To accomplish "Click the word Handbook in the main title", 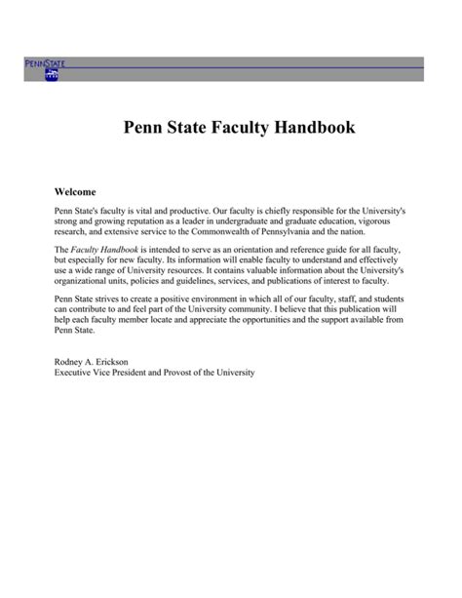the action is pos(307,128).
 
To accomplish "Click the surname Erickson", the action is pos(126,362).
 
